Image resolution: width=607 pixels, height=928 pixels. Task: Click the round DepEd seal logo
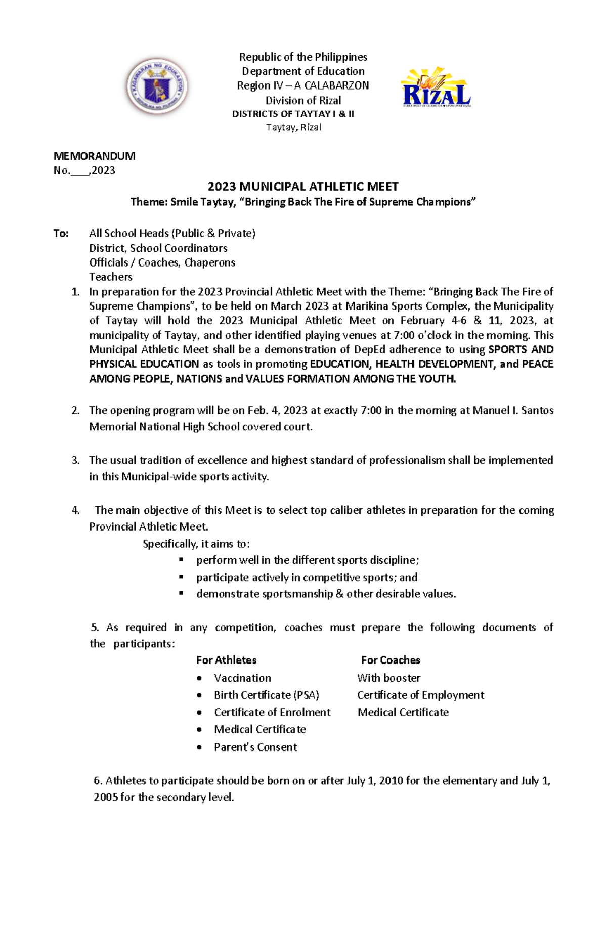click(x=157, y=86)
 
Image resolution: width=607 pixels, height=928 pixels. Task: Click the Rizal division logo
click(x=436, y=88)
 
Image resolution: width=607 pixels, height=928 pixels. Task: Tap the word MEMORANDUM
click(x=94, y=156)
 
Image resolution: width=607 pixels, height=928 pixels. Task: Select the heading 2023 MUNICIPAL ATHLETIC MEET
click(x=303, y=187)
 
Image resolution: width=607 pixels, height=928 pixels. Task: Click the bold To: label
click(x=61, y=233)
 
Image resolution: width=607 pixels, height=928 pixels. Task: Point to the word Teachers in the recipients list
click(x=111, y=277)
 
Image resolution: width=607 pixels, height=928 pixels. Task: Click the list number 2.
click(x=75, y=410)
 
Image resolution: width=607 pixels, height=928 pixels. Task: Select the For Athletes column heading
click(x=226, y=660)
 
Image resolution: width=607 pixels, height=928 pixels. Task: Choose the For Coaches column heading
click(x=391, y=660)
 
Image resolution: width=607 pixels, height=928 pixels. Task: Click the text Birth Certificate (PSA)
click(x=266, y=695)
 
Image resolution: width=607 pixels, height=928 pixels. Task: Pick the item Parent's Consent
click(x=255, y=747)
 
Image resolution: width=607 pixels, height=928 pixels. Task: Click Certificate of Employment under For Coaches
click(x=420, y=695)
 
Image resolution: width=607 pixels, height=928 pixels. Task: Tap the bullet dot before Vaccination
click(x=200, y=678)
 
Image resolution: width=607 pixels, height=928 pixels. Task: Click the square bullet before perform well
click(x=181, y=560)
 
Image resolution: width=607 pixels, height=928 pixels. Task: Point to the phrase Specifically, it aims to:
click(x=196, y=544)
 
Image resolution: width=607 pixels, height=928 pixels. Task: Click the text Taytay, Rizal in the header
click(x=293, y=127)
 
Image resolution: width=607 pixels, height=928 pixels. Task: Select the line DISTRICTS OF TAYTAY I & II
click(x=293, y=114)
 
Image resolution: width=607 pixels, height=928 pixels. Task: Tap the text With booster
click(x=388, y=678)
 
